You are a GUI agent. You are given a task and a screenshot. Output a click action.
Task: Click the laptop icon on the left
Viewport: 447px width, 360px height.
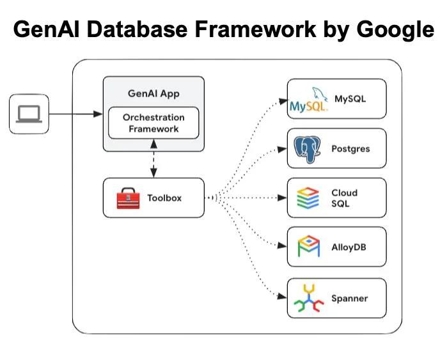(29, 114)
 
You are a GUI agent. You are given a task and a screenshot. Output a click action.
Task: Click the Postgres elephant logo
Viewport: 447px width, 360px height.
(307, 148)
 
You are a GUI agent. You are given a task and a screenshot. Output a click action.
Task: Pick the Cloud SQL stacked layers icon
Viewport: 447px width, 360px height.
(308, 198)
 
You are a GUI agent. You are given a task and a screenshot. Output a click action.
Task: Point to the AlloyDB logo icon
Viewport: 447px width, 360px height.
(308, 247)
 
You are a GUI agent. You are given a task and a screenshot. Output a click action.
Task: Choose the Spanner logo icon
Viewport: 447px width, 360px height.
(308, 298)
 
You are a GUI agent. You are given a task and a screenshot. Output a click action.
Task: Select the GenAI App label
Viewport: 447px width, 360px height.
(153, 94)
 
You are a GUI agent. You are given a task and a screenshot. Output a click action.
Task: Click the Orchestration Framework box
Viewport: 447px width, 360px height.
(153, 123)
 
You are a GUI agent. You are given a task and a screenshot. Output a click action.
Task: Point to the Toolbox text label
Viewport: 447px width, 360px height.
(164, 198)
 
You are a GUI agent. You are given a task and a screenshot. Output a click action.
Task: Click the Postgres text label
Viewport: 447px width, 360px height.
(350, 149)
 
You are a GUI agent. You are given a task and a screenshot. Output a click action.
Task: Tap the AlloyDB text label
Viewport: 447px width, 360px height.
(349, 247)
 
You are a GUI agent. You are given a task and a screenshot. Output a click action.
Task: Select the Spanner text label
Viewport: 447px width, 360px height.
(350, 298)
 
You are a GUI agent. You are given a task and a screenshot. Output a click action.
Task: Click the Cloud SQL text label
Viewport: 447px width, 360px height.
(344, 198)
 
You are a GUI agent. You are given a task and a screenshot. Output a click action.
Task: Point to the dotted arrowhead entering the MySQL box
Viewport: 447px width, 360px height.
(281, 100)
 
